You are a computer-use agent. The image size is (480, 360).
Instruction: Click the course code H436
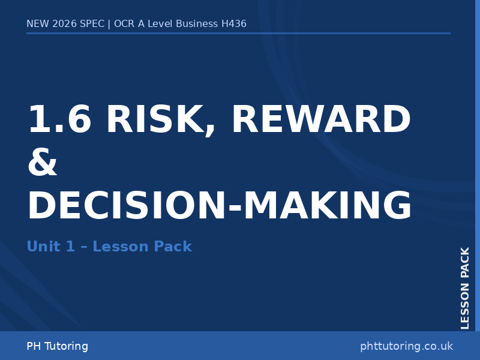tap(233, 24)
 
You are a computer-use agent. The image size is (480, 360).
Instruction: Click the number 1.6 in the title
tap(59, 120)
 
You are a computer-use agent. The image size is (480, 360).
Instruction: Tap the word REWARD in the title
tap(321, 120)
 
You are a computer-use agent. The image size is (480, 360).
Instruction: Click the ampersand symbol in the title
tap(43, 163)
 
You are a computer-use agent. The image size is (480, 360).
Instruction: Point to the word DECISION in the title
tap(126, 206)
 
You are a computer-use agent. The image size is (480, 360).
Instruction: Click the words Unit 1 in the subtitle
tap(50, 247)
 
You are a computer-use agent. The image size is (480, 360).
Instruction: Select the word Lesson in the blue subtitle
tap(120, 247)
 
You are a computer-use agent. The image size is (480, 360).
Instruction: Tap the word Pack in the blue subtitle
tap(173, 247)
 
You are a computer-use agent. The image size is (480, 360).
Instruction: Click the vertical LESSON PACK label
tap(465, 288)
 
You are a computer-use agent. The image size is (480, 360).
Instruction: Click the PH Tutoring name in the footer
tap(57, 346)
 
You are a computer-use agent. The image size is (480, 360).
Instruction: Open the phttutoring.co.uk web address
tap(406, 346)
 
